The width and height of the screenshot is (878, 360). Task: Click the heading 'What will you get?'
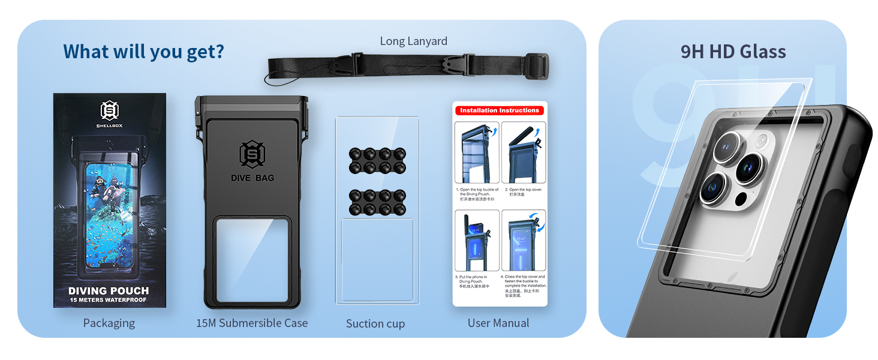tap(143, 52)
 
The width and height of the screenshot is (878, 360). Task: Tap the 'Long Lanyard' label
tap(413, 41)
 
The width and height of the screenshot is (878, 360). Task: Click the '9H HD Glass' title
tap(733, 52)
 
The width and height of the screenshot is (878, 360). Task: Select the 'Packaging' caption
tap(109, 323)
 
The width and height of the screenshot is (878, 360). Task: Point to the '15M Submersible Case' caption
tap(252, 323)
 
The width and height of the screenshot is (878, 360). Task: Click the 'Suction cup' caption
tap(375, 323)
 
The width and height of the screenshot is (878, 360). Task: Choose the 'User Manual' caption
tap(498, 323)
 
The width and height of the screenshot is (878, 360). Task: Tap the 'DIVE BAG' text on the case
tap(252, 178)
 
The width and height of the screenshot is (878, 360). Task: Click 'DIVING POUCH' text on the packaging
tap(109, 291)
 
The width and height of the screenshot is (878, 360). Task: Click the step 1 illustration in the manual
tap(476, 153)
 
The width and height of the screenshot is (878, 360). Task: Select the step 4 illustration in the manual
tap(523, 240)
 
